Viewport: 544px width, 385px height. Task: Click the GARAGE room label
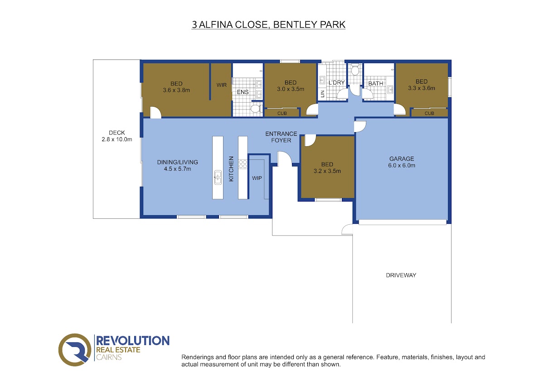tap(402, 159)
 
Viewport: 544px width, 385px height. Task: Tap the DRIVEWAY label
tap(401, 275)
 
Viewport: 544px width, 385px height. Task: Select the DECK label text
tap(117, 133)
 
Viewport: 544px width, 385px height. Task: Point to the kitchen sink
tap(218, 178)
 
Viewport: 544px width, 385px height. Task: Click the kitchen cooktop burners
tap(243, 164)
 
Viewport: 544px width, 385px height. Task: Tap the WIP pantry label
tap(257, 178)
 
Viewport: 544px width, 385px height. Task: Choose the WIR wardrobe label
tap(222, 85)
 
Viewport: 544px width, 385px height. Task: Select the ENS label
tap(243, 92)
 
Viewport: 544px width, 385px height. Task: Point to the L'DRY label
tap(336, 83)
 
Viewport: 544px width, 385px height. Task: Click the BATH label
tap(376, 84)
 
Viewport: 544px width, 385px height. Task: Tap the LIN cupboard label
tap(322, 94)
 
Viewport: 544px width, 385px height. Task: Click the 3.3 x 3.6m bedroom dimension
tap(422, 88)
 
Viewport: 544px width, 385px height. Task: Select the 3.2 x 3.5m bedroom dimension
tap(327, 171)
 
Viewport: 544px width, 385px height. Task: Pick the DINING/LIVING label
tap(178, 162)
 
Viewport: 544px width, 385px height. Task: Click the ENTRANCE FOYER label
tap(281, 137)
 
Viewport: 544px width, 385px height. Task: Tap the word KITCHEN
tap(231, 169)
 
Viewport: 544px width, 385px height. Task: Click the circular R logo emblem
tap(75, 350)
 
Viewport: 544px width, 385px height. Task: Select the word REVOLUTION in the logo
tap(133, 341)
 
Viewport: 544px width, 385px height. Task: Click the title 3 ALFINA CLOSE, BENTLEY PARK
tap(268, 25)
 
